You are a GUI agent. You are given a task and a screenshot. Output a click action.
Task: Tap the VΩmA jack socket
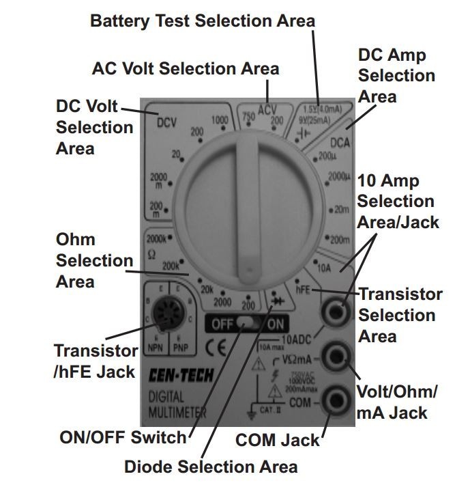(334, 355)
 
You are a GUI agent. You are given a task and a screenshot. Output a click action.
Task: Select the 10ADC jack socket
(334, 314)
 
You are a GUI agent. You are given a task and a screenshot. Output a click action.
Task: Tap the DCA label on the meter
(340, 143)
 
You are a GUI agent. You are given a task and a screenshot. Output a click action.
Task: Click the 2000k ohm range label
(156, 239)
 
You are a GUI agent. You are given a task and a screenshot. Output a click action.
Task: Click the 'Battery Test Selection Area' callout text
(203, 21)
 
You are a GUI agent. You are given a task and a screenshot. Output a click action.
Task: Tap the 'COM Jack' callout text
(277, 441)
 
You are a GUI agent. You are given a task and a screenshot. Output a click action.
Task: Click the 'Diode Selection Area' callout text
(211, 467)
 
